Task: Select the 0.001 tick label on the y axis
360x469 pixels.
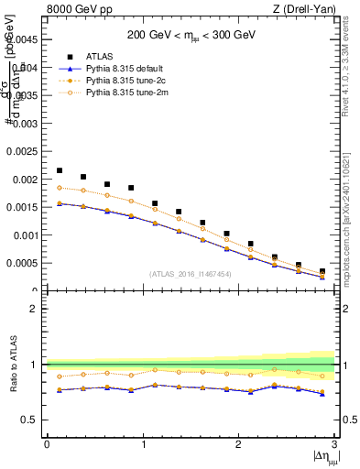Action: [25, 235]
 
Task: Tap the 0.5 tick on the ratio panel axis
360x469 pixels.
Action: [31, 420]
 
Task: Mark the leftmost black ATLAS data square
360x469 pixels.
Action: [60, 170]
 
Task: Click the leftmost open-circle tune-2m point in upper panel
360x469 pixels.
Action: [60, 187]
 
